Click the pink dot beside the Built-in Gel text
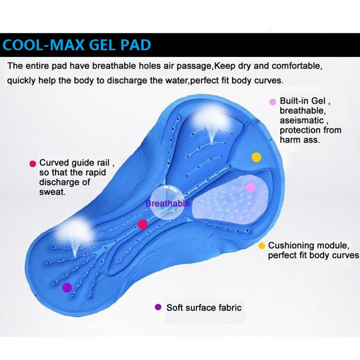click(x=273, y=102)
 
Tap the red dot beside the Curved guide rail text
click(x=33, y=163)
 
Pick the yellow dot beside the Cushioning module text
click(x=262, y=246)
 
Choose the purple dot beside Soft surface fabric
click(x=157, y=307)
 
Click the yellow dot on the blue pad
click(x=256, y=157)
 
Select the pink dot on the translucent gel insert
click(x=250, y=187)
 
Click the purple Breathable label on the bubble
click(x=167, y=204)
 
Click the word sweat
click(x=52, y=192)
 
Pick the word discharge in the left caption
click(x=59, y=182)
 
